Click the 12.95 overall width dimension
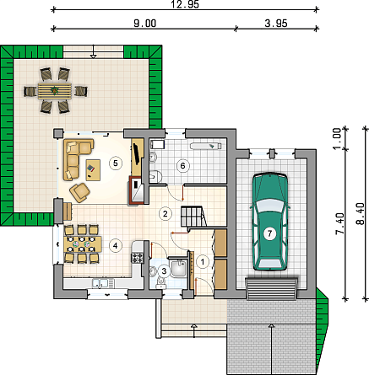point(185,4)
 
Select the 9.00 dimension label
point(144,24)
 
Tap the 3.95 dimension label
point(276,24)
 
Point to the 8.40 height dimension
point(360,213)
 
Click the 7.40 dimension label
point(339,223)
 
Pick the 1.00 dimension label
point(337,139)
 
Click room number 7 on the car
point(269,233)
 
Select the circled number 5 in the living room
point(116,163)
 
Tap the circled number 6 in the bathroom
point(182,165)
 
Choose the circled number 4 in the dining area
point(115,245)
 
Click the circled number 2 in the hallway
point(165,213)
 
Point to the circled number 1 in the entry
point(203,262)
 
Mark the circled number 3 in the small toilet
point(164,271)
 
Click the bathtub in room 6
point(205,146)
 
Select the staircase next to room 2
point(193,216)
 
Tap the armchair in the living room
point(80,192)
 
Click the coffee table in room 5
point(93,170)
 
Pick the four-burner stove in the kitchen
point(138,257)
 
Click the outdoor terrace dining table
point(55,91)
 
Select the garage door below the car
point(272,289)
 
